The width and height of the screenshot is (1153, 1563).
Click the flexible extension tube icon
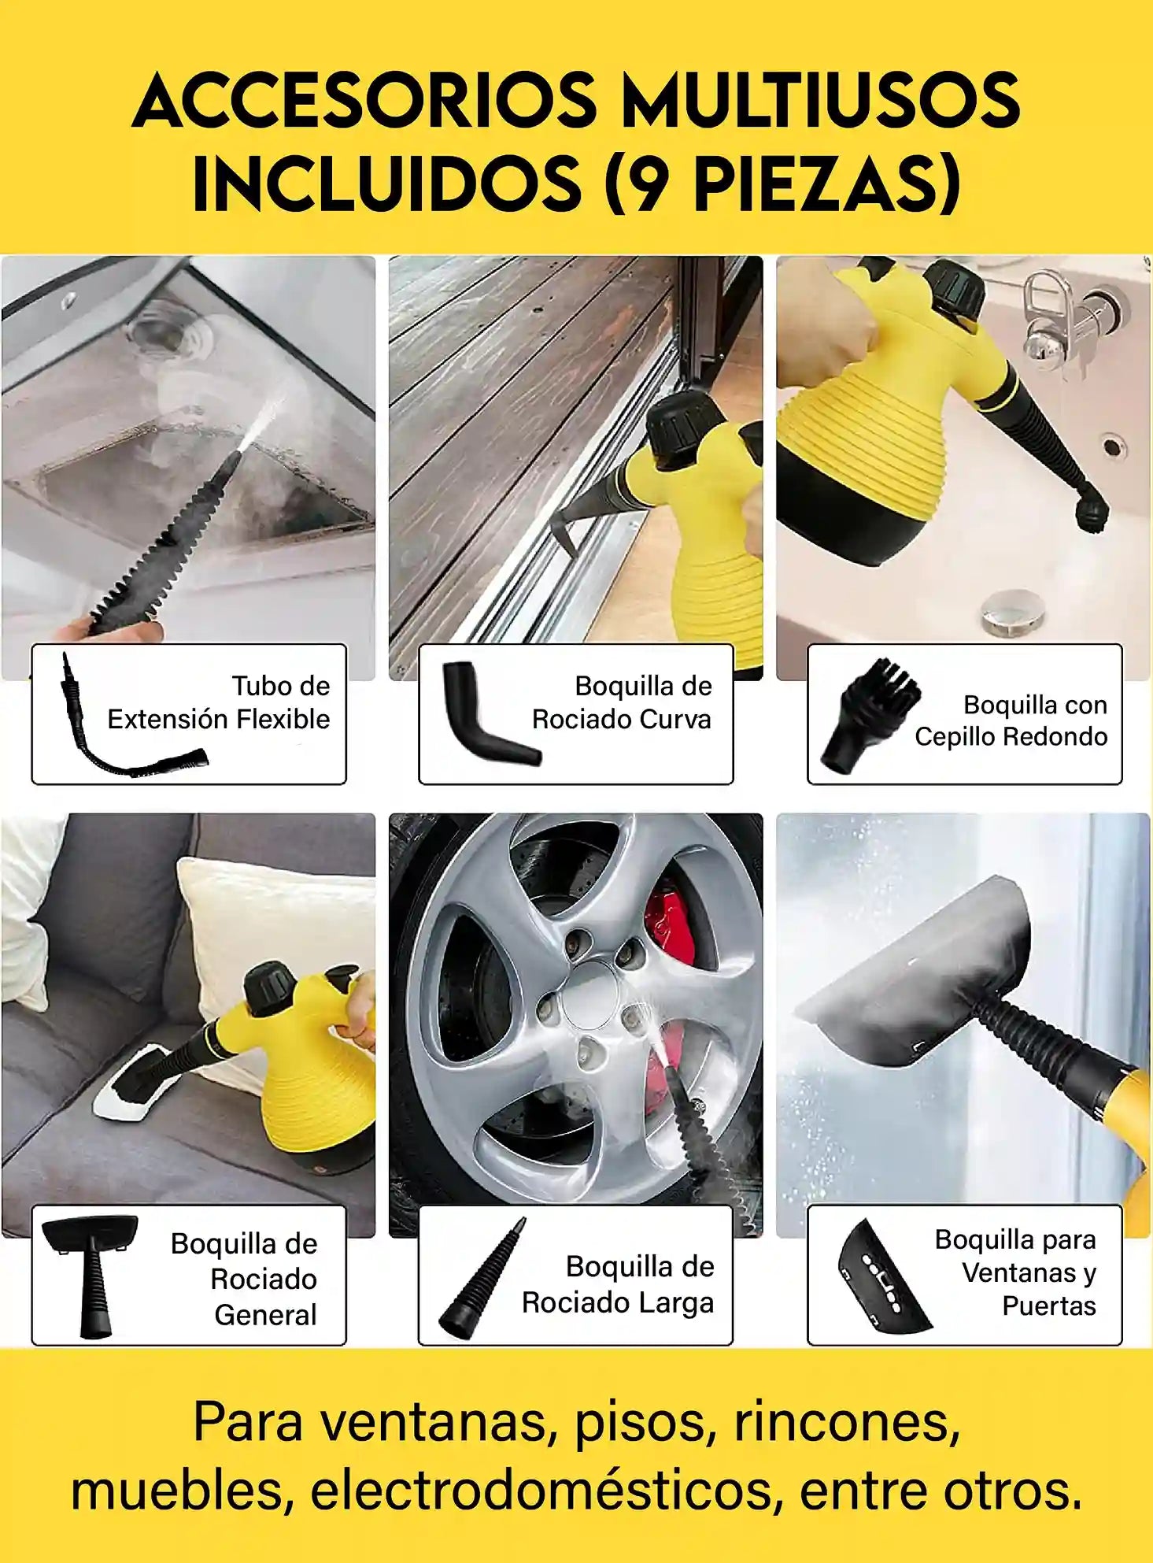[x=126, y=717]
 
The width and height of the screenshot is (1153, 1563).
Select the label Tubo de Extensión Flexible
[x=219, y=702]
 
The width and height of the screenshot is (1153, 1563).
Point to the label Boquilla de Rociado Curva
[x=622, y=702]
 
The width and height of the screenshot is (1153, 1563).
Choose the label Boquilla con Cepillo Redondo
[x=1011, y=720]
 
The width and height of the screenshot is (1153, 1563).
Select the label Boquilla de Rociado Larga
[x=618, y=1285]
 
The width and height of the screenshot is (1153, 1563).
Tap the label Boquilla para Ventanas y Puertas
[x=1015, y=1273]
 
